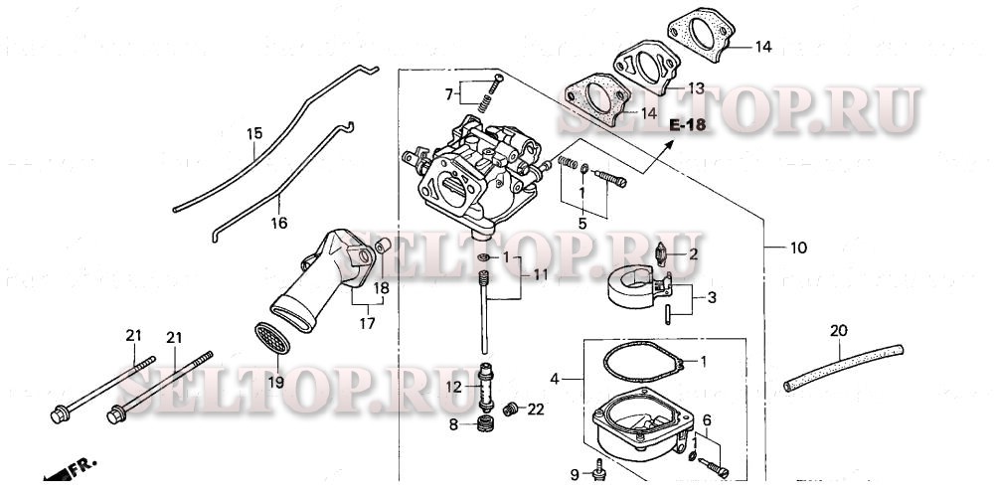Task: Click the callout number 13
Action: tap(695, 88)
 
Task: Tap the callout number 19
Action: tap(274, 383)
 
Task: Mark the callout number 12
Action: tap(452, 386)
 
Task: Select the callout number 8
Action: tap(452, 425)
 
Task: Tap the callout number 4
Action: tap(556, 379)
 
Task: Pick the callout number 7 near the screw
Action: tap(449, 94)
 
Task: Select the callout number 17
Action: tap(367, 323)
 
